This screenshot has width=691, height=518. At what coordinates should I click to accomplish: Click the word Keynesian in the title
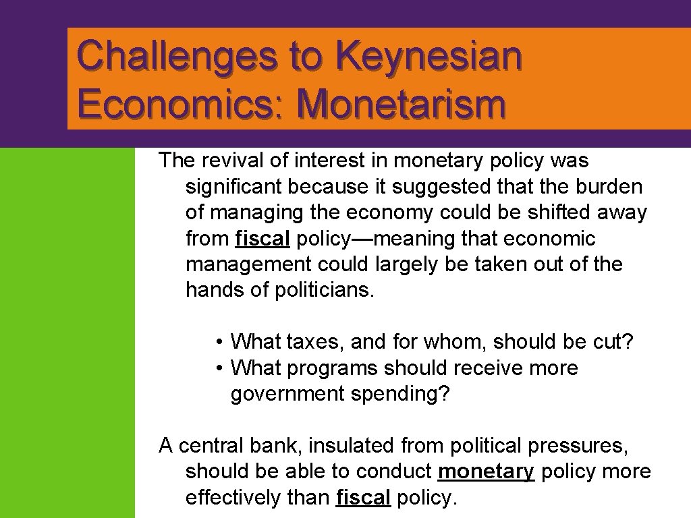coord(432,56)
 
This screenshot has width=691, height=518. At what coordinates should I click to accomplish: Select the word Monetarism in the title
coord(401,105)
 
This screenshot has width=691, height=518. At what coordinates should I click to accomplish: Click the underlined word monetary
coord(486,471)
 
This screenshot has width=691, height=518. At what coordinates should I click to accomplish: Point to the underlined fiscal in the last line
coord(363,498)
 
